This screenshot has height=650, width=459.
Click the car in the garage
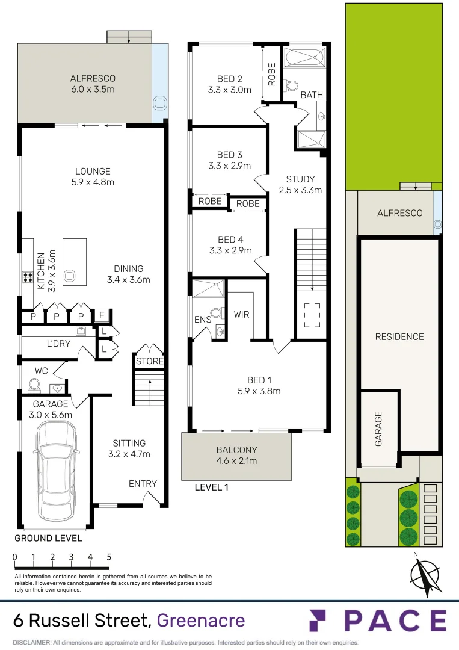tap(57, 471)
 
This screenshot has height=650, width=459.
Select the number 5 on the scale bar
tap(109, 557)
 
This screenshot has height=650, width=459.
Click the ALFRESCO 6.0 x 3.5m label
tap(92, 84)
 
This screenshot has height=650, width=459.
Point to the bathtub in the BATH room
tap(304, 59)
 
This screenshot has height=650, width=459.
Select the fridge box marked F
tap(101, 316)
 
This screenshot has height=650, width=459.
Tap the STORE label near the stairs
tap(149, 361)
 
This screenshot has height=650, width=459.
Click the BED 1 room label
tap(260, 385)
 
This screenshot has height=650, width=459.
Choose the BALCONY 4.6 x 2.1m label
tap(236, 455)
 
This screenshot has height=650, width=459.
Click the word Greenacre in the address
tap(200, 621)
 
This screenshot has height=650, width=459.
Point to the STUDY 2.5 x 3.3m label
tap(300, 184)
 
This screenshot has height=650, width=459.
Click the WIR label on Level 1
tap(242, 314)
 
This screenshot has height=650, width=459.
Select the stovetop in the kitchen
tap(28, 277)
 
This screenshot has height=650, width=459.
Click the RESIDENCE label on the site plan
tap(399, 337)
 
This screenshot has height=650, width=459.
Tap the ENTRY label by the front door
tap(143, 484)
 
